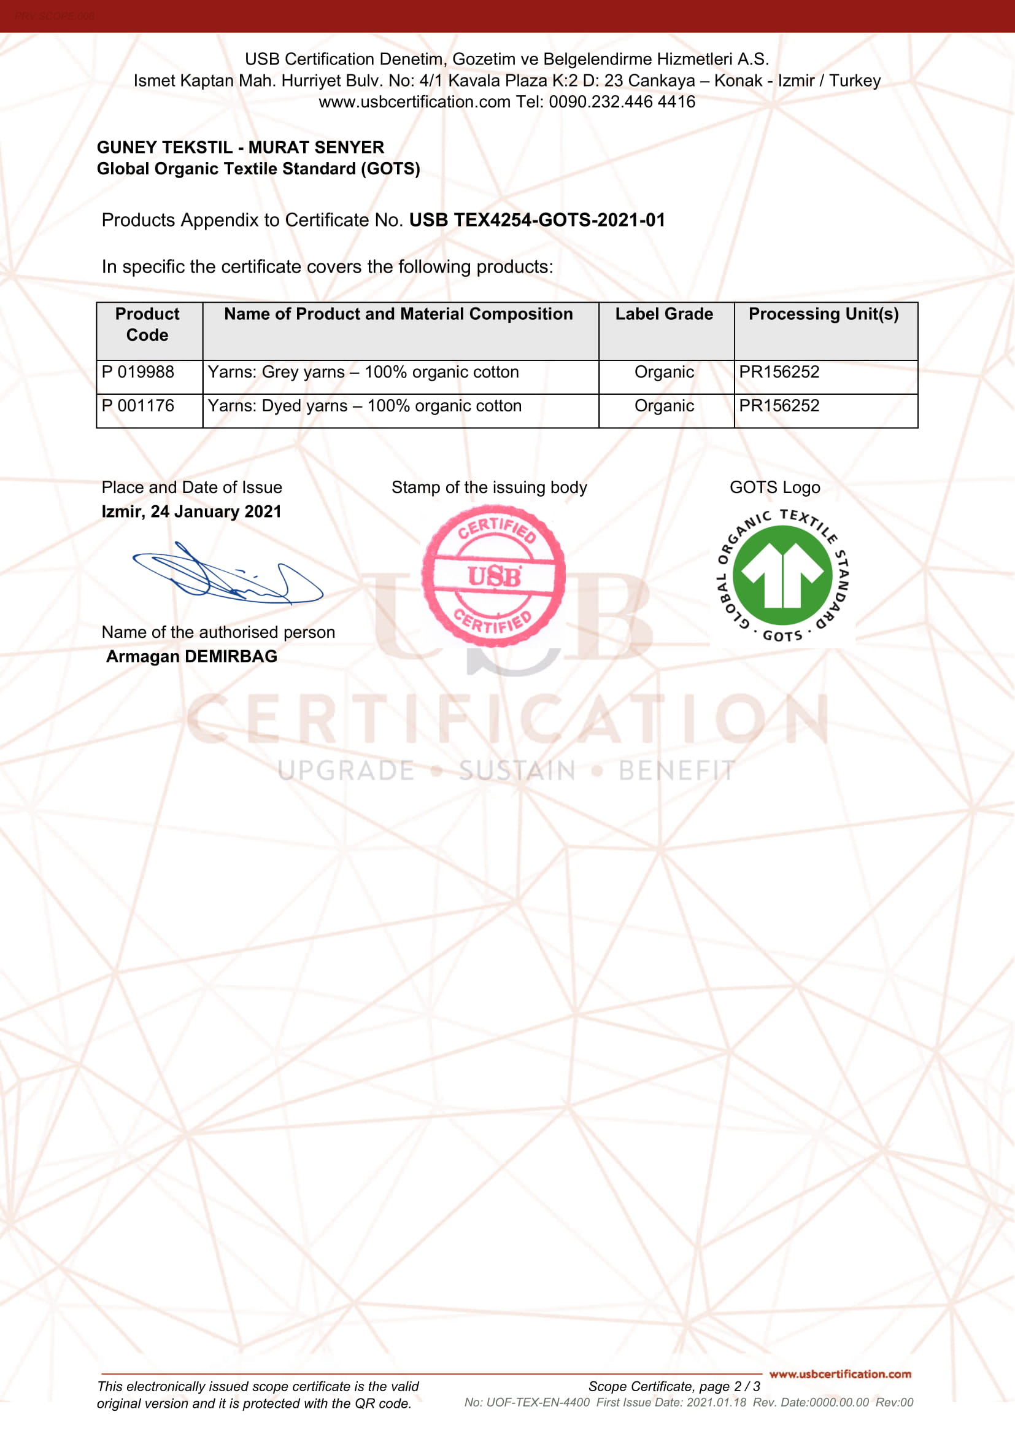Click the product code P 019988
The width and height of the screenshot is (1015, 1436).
138,372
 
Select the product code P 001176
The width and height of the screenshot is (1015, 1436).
138,406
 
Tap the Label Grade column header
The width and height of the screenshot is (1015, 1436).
664,314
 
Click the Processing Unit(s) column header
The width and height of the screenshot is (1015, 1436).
823,314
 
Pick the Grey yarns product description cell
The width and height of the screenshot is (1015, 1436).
363,372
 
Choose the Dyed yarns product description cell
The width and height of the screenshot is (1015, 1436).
365,406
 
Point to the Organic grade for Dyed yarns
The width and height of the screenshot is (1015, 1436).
664,406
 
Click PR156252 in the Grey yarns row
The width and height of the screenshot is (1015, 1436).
779,372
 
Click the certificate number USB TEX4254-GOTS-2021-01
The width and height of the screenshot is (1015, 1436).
537,220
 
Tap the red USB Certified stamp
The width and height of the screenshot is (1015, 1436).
494,575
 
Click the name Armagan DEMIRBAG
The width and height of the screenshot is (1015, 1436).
192,656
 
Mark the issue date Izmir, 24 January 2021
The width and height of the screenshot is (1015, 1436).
191,511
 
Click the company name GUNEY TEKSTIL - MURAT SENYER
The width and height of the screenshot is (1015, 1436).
241,147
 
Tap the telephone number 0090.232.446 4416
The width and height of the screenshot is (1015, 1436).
622,102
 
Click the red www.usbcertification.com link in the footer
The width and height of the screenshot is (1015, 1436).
840,1374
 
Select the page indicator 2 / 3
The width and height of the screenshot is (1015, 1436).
747,1387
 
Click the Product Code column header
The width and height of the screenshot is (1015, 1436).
147,324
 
